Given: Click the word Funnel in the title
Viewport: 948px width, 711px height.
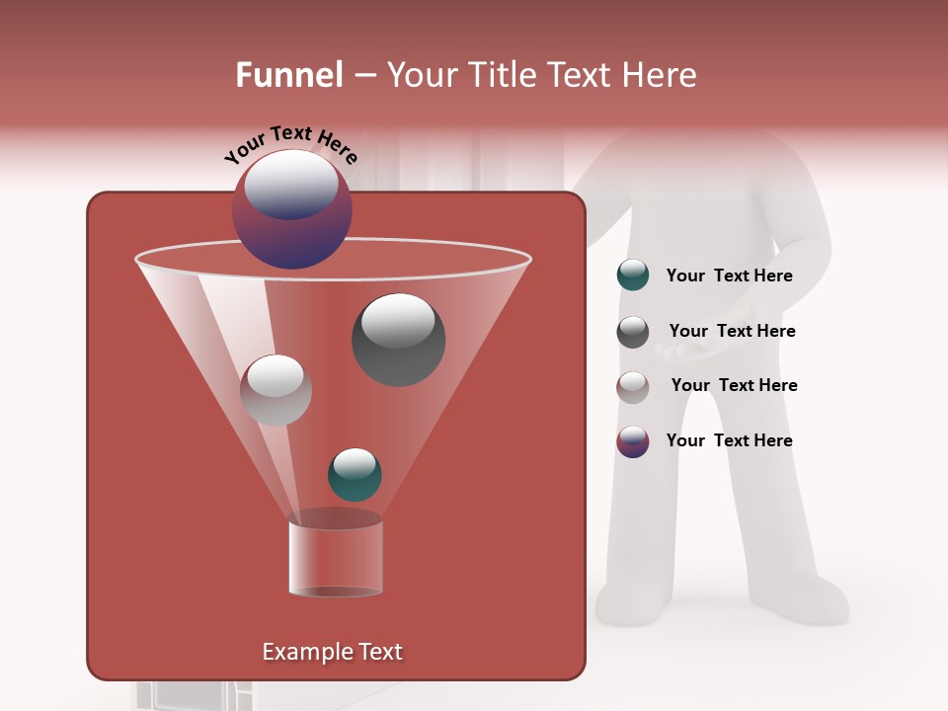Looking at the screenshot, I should point(289,75).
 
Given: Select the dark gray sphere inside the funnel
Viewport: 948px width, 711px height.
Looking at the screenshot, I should point(398,340).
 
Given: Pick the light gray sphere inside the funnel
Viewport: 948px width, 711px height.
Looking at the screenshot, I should point(276,390).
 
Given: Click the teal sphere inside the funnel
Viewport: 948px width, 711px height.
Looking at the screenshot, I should point(355,474).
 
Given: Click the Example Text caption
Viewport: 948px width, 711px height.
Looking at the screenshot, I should point(332,652).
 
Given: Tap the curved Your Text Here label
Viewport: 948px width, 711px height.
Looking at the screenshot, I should point(290,144).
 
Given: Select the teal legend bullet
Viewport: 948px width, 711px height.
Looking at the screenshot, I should point(633,276).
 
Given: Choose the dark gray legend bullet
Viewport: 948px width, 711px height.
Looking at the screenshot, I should point(633,332).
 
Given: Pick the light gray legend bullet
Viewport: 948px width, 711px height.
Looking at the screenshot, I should point(633,387).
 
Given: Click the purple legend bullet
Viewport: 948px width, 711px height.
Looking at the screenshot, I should point(633,441).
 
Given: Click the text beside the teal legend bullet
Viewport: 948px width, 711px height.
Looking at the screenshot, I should point(729,276).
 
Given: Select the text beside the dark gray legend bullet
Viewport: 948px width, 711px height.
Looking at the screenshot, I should point(732,332).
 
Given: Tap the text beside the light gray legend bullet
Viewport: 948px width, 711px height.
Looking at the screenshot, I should point(734,386).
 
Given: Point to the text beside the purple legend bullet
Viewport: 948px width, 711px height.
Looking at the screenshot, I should point(729,440).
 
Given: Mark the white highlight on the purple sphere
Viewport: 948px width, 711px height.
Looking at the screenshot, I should point(290,185).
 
